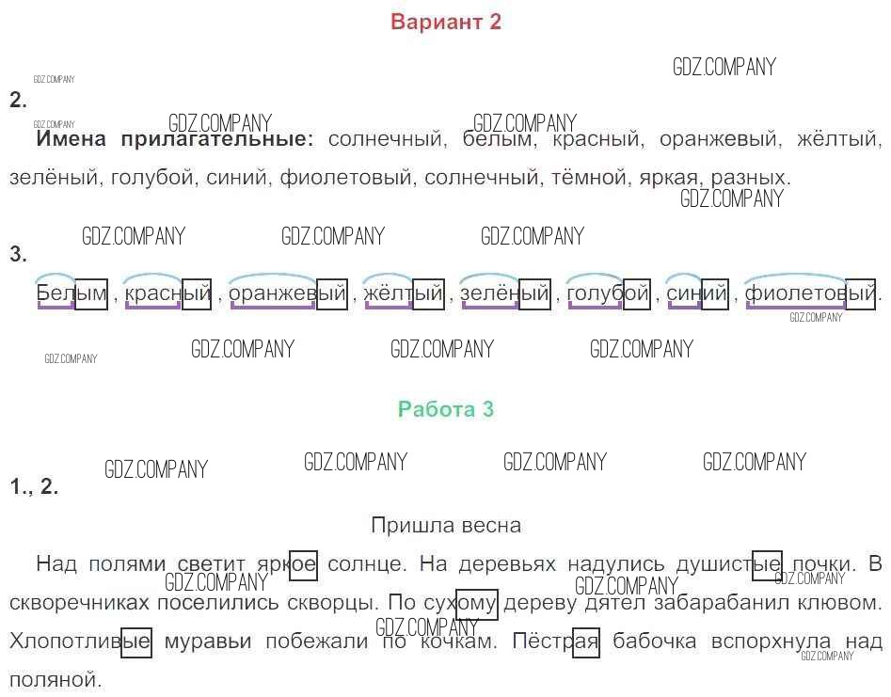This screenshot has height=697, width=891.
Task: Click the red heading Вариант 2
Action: [446, 23]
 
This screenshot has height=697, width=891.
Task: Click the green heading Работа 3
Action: [446, 409]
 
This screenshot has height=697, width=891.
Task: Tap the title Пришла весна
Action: [446, 525]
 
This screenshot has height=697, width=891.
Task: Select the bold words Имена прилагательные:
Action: [175, 140]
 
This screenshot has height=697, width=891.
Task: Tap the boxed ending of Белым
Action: [91, 294]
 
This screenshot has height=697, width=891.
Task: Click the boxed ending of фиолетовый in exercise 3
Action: [861, 294]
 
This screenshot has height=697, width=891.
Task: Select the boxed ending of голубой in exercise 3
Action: [636, 294]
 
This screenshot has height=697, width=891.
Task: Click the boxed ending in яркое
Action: [303, 564]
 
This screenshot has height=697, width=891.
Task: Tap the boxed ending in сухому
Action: [477, 602]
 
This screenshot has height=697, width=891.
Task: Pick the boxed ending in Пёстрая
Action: [585, 642]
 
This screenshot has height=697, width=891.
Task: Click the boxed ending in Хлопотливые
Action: [136, 642]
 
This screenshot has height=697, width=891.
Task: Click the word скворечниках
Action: [71, 602]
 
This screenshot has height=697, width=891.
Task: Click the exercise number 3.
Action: [18, 254]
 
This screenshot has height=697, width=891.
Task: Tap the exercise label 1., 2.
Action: [34, 487]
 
